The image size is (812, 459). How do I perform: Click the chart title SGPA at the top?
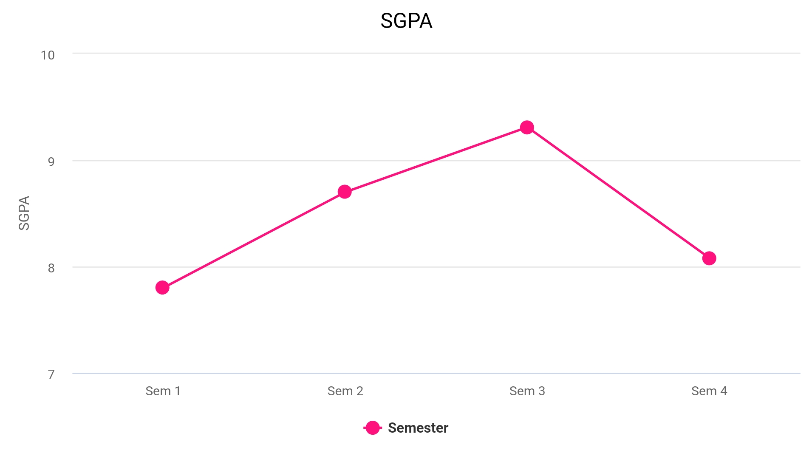406,21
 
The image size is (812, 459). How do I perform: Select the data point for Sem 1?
162,288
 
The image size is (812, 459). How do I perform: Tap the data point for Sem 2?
345,192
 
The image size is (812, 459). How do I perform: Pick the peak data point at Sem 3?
527,127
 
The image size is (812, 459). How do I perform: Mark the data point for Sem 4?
709,258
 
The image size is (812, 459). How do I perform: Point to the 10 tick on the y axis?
48,55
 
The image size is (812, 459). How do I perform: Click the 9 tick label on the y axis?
51,161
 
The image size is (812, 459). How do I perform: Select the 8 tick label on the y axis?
51,268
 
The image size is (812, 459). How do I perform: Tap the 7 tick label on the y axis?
51,374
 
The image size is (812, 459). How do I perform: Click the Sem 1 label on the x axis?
163,391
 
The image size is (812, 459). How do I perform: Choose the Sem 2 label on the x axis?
345,391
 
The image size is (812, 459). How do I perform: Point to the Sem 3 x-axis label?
527,391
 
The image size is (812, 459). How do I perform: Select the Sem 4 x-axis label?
709,391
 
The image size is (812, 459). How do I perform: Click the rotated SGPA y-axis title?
24,213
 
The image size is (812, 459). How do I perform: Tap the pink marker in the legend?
373,428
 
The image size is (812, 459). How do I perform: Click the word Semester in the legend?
418,428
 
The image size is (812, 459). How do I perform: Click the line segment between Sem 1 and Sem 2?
253,240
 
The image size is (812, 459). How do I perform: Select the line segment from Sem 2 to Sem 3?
436,159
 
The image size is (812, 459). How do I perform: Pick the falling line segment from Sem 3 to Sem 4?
618,193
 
